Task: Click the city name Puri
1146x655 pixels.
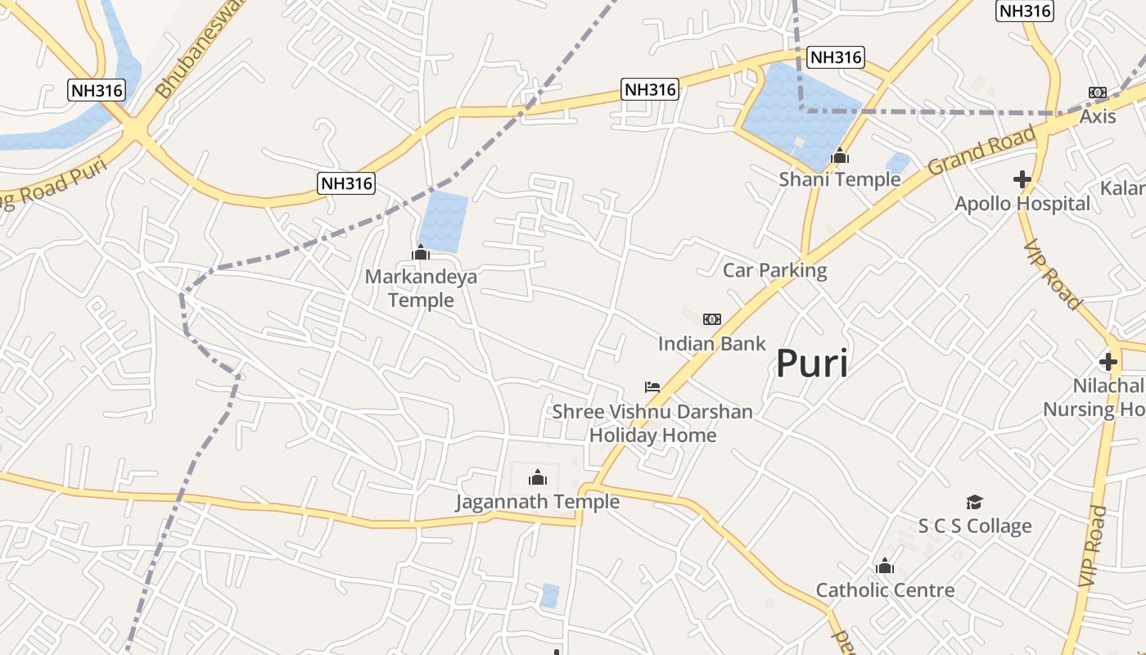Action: pos(811,363)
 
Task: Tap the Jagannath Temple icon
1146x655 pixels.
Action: pos(538,477)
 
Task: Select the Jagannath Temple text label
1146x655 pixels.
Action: pos(537,501)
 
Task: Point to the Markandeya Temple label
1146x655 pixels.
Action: pos(421,288)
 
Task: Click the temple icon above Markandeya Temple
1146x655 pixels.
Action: pos(421,252)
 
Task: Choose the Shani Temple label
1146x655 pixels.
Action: pos(839,179)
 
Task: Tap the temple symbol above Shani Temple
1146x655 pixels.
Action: pos(840,156)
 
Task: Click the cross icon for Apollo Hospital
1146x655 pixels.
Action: pos(1022,178)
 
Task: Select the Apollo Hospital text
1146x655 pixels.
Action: pos(1022,203)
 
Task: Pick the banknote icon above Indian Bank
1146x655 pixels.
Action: pos(712,319)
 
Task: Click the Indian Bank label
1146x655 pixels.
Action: pos(711,344)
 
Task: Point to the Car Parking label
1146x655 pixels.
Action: pos(774,270)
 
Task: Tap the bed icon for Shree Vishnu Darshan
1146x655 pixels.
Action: pos(652,387)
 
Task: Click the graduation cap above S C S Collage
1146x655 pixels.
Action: pos(974,502)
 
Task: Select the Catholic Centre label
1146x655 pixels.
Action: pos(885,589)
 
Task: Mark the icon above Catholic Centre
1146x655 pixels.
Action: pos(884,566)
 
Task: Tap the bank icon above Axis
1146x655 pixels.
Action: pos(1097,93)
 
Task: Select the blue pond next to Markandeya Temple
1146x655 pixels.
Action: pos(443,220)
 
